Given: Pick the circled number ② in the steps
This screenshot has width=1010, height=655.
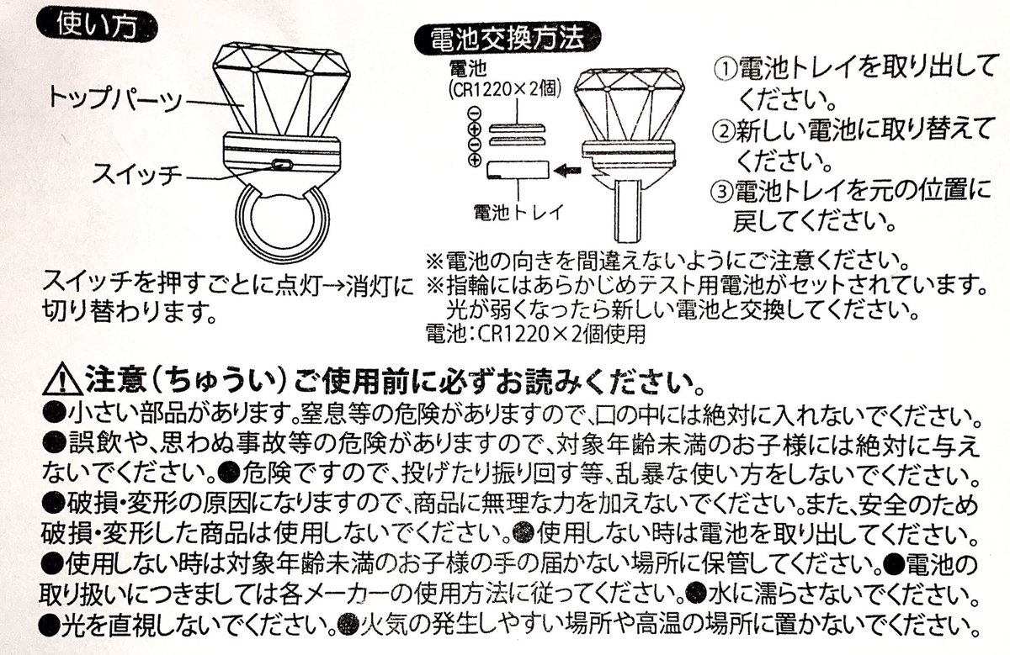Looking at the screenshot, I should click(723, 132).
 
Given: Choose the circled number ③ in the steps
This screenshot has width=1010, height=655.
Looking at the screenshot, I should click(723, 193).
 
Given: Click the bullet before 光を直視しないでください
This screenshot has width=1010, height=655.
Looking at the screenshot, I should click(50, 626).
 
